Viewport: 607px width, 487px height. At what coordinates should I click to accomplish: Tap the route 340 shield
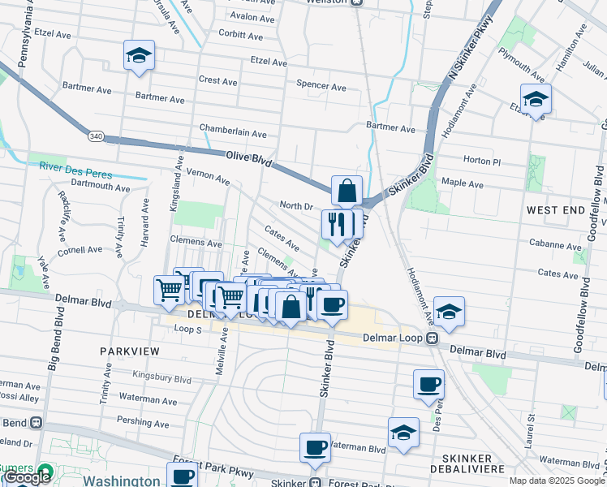97,136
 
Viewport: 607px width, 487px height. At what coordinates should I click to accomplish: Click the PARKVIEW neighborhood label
130,351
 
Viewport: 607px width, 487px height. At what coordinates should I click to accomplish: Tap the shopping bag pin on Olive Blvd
347,192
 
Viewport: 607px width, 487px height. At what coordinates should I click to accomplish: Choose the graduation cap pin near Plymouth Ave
536,100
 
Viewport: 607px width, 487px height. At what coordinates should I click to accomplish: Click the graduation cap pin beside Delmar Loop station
447,312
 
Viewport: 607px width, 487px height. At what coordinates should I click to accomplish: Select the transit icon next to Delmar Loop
433,338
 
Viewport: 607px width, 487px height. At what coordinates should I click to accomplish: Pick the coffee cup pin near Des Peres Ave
428,385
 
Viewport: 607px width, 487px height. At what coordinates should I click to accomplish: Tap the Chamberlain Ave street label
233,133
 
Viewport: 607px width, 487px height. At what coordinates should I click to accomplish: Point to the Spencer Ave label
321,86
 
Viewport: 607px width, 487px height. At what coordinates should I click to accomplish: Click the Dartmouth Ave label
101,187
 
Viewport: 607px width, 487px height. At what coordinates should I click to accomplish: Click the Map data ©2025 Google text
557,481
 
